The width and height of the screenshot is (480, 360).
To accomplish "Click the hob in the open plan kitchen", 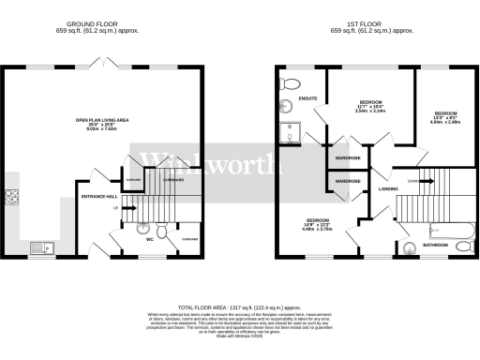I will [x=13, y=198].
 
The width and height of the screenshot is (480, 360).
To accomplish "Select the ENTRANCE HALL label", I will [x=98, y=196].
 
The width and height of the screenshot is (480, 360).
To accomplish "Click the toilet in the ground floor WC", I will [x=163, y=231].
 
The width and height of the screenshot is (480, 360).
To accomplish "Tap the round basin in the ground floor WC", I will [x=142, y=228].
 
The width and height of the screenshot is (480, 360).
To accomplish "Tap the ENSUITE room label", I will [x=307, y=98].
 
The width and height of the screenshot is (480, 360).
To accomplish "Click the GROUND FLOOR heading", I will [x=92, y=23].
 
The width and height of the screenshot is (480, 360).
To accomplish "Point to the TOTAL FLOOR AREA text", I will [x=239, y=307].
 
